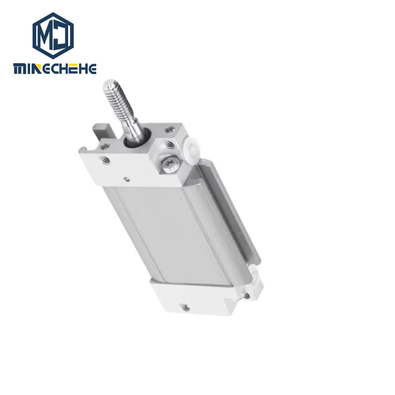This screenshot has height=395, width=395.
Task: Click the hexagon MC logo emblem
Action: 53,36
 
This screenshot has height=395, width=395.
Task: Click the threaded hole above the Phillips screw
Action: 169,145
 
